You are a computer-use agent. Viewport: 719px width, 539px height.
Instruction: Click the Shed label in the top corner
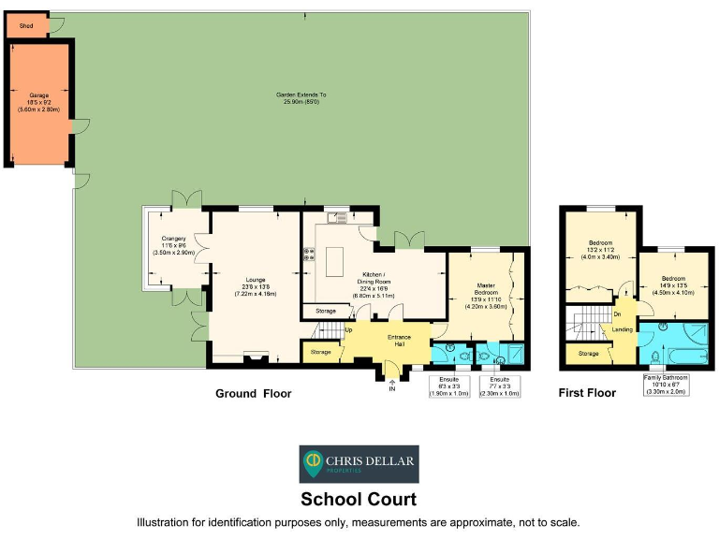pos(26,26)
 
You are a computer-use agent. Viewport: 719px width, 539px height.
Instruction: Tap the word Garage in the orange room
pos(38,95)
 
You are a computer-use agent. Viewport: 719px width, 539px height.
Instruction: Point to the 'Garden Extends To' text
pos(301,95)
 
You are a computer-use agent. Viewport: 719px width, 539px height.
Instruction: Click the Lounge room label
pos(255,280)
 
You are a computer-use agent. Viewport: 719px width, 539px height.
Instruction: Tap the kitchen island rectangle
pos(334,255)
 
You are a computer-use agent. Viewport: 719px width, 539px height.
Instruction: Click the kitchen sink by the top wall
pos(338,218)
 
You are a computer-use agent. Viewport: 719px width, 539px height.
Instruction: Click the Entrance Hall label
pos(400,340)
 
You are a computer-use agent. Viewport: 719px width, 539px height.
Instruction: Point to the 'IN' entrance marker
pos(392,388)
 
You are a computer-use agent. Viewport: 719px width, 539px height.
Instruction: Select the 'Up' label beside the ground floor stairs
pos(349,329)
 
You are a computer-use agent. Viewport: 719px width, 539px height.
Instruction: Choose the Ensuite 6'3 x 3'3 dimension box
pos(449,386)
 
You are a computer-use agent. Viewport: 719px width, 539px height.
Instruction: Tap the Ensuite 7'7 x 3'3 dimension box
pos(499,386)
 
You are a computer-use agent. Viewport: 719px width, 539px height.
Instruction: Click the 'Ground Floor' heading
pos(253,394)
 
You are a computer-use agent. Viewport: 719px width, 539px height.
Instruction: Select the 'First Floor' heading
pos(587,393)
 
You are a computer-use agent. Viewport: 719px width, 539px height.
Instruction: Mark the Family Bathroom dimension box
pos(665,385)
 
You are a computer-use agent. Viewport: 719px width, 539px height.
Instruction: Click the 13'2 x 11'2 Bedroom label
pos(600,250)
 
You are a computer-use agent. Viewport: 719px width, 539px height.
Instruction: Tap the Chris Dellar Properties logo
pos(359,464)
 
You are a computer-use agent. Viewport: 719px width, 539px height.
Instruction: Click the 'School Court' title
pos(359,500)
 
